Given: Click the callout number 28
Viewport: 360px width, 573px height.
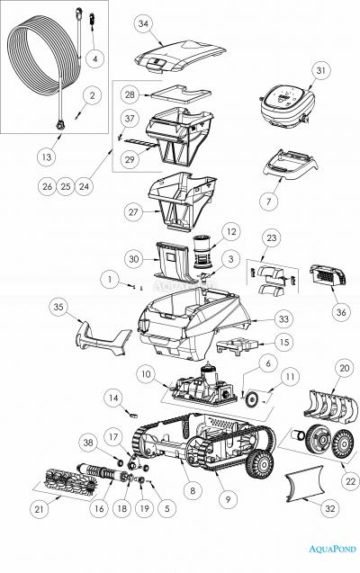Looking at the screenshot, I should tap(130, 94).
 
